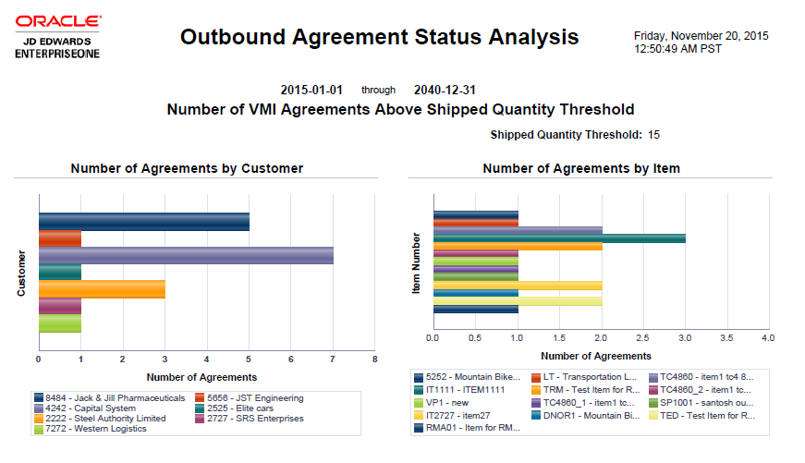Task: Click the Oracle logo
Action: coord(57,21)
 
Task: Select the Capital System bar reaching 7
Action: coord(185,255)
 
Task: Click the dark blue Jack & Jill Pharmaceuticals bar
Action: coord(143,222)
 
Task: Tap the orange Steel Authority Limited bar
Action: coord(102,288)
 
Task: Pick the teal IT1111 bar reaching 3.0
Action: coord(559,238)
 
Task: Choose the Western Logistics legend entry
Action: coord(89,429)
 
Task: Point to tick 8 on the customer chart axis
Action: coord(374,359)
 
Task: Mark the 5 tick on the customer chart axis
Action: coord(249,359)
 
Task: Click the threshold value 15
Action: coord(653,135)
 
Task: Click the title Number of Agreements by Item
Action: coord(581,168)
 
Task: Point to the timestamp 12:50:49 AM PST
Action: coord(677,49)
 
